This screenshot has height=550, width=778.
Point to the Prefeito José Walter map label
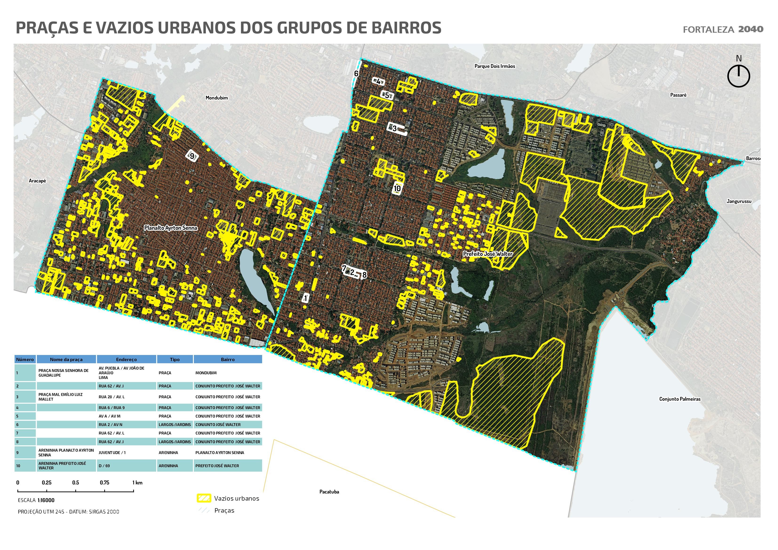click(488, 254)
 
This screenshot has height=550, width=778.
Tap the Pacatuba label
click(329, 492)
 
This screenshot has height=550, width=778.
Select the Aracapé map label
click(37, 181)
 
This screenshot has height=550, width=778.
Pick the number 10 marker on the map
click(397, 188)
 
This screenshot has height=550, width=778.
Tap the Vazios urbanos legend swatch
click(204, 498)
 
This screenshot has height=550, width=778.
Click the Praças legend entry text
click(224, 511)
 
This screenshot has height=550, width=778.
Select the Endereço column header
click(126, 359)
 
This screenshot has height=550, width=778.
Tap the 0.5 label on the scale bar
click(75, 482)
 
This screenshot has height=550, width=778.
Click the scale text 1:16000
click(46, 501)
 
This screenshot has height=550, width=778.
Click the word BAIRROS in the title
click(406, 28)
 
